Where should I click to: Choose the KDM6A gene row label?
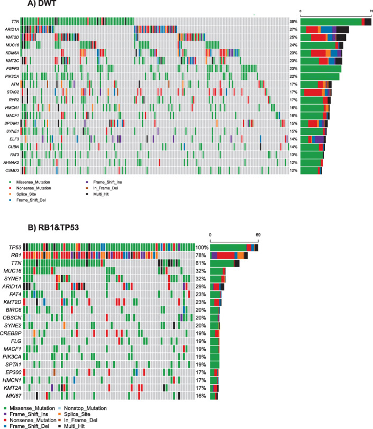(x=12, y=53)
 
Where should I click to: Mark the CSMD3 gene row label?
(x=12, y=171)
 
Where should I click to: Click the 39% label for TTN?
(x=293, y=22)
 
